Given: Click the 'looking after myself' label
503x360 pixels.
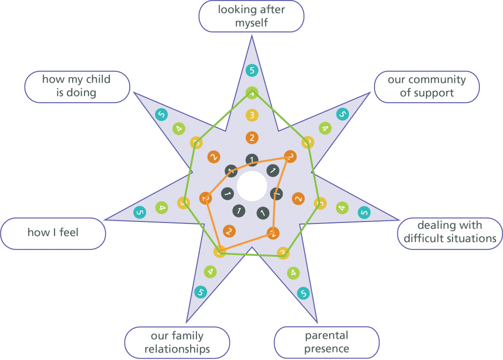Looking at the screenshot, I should coord(251,16).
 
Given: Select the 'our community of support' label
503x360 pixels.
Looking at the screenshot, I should coord(426,86).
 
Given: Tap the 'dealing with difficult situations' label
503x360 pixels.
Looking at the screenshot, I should coord(450,232).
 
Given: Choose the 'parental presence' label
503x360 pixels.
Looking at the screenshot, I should coord(327,342).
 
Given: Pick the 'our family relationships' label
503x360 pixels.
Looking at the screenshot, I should coord(177,343).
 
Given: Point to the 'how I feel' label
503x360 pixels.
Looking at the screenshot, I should coord(53,233).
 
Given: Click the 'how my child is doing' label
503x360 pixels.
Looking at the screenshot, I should coord(76,86).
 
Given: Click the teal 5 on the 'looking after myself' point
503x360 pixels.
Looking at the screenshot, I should coord(251,71).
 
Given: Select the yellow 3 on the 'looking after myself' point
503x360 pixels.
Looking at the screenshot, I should coord(251,116).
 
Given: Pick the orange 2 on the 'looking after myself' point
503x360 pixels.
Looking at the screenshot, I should coord(251,138).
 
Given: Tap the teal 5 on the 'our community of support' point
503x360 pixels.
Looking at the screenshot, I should coord(342,114).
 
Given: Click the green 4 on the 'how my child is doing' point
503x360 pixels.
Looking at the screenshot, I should coord(179,129).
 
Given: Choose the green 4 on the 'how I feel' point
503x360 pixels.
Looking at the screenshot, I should coord(162,208).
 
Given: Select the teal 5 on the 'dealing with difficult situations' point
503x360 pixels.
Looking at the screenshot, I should coord(364,212).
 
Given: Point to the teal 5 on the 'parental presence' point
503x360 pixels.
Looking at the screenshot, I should coord(304,294).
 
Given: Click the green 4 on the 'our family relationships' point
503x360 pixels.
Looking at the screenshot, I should coord(210,271).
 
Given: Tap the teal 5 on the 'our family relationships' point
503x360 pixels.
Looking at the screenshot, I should coord(200,292).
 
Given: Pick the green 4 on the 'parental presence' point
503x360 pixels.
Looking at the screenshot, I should coord(293,273).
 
